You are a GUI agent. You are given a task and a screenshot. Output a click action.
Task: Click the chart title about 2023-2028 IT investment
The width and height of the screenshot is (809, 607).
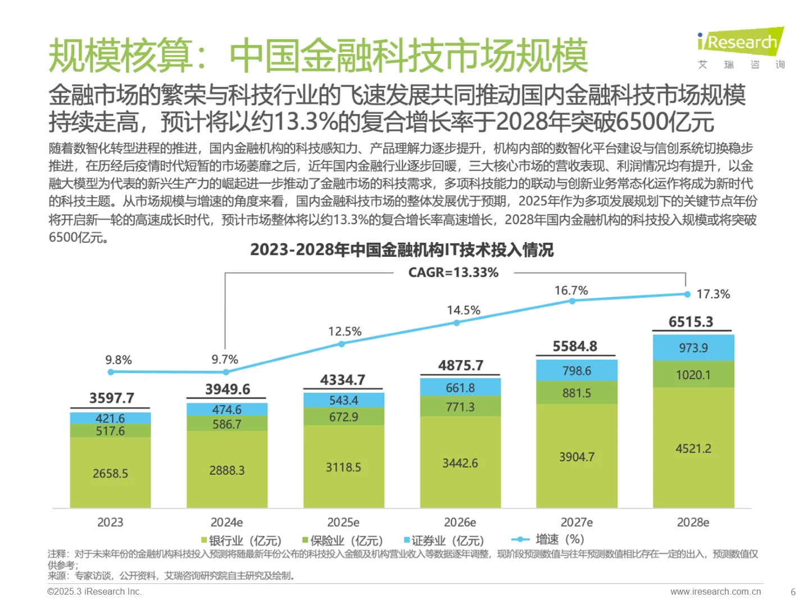coord(402,250)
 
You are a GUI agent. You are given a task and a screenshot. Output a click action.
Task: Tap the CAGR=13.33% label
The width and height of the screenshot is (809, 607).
coord(453,273)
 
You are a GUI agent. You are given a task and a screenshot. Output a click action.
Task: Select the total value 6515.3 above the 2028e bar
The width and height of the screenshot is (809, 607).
coord(690,322)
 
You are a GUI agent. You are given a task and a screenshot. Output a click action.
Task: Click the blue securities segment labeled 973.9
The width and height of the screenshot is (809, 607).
coord(693,348)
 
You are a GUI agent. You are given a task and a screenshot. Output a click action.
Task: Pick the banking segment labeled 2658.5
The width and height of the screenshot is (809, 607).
coord(110,473)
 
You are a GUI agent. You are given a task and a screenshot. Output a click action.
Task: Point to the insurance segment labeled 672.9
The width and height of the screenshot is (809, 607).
coord(343,417)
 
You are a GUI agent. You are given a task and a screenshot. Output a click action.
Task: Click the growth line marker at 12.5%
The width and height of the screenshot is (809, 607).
coord(342,343)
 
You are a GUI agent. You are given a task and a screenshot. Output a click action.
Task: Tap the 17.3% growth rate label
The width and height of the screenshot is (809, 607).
coord(713,294)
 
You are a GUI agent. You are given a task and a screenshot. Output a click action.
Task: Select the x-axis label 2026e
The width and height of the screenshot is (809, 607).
coord(460,522)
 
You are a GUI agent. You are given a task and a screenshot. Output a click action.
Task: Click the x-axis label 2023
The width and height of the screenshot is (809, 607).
coord(110,522)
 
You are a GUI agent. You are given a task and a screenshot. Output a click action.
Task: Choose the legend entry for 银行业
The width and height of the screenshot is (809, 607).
coord(241,541)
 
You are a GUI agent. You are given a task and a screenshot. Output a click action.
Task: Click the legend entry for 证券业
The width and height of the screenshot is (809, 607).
coord(444,541)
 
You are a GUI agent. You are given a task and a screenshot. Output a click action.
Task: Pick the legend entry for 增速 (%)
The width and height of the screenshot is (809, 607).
coord(548,540)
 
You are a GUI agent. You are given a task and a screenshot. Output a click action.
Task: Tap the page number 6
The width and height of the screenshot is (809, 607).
coord(793,592)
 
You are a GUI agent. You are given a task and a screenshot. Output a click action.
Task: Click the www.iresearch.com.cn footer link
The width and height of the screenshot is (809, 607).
coord(715,591)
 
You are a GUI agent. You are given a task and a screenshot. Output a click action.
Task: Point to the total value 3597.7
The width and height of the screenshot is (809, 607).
coord(111,398)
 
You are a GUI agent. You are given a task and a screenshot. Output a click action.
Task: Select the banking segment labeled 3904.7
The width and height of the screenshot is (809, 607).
coord(576,457)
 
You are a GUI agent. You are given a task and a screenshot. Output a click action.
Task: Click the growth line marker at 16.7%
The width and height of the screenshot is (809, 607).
coord(572,301)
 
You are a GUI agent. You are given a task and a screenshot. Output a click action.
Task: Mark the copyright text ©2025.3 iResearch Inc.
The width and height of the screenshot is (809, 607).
coord(94,591)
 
